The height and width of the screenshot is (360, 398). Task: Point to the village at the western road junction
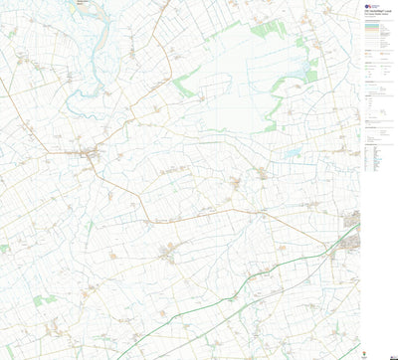91,155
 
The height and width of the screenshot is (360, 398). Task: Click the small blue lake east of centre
291,154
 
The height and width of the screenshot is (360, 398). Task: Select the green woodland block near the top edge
264,30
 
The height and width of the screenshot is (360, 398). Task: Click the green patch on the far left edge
4,249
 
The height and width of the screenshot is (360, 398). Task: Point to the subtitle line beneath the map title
377,15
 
